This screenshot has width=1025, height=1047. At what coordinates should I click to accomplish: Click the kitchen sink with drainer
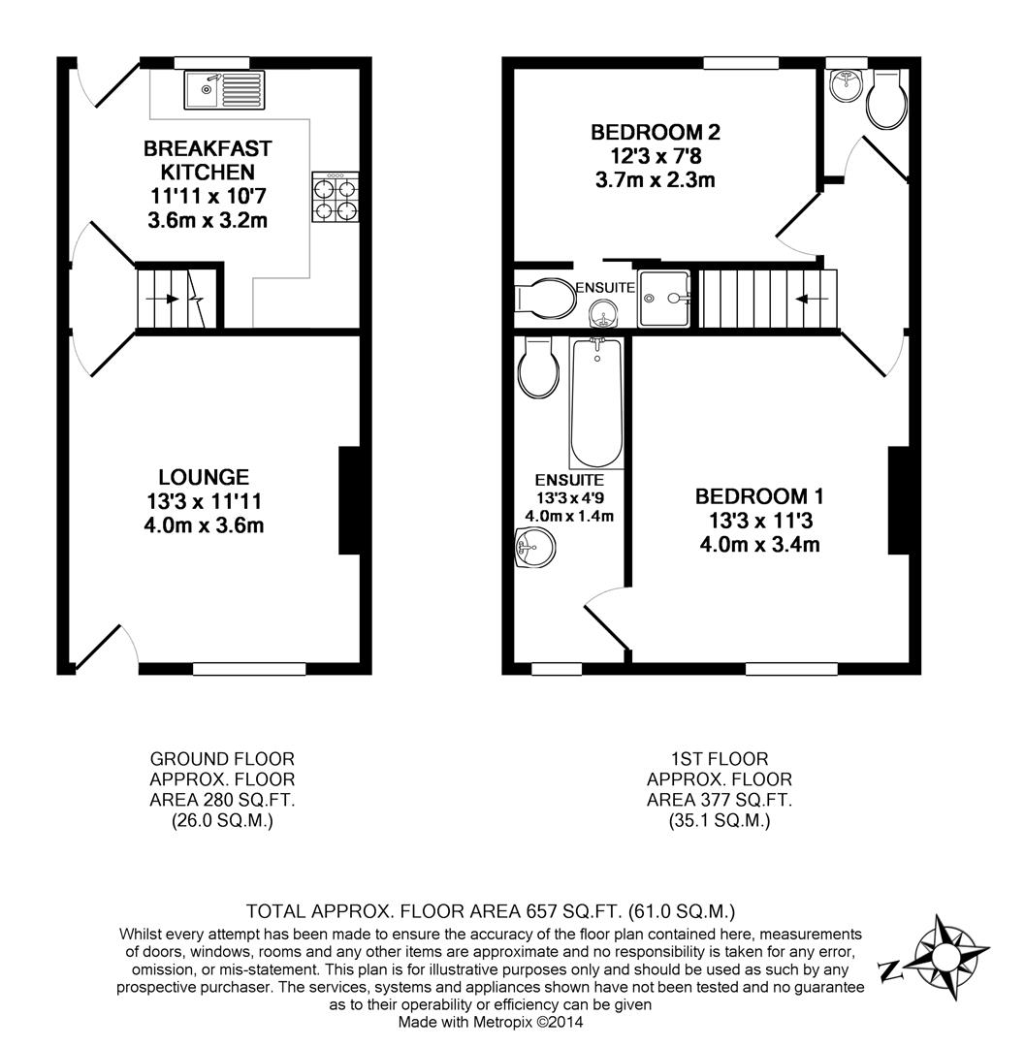(x=222, y=91)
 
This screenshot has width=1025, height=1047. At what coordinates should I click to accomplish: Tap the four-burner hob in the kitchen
(x=335, y=199)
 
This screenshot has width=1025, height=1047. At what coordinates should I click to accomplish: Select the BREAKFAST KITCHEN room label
(x=208, y=160)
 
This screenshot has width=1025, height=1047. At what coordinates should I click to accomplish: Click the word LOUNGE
(x=204, y=477)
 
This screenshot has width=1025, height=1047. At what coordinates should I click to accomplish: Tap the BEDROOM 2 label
(x=656, y=132)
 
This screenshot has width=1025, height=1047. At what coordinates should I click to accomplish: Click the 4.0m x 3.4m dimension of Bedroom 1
(x=759, y=545)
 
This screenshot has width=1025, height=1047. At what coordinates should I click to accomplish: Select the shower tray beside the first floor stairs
(x=665, y=298)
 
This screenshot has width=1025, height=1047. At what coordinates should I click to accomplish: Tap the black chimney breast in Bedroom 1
(x=898, y=500)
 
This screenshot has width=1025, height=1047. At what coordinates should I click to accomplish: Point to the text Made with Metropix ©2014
(x=491, y=1022)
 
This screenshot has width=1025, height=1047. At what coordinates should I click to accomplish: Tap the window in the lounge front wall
(x=249, y=669)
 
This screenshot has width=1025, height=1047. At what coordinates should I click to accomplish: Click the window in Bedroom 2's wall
(x=741, y=64)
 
